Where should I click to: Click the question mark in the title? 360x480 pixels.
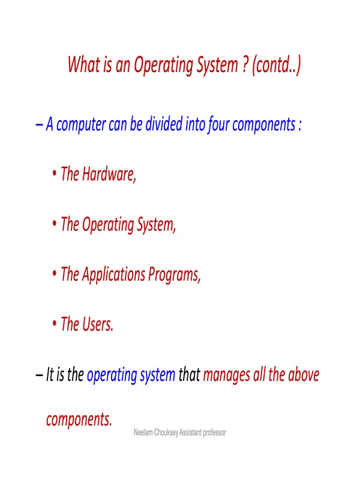(245, 64)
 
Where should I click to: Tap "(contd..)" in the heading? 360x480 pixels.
(277, 65)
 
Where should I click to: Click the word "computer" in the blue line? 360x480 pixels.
(81, 125)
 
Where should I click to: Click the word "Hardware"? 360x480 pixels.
(109, 174)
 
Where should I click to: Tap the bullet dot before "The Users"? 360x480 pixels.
(55, 323)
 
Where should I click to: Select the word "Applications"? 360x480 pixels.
(113, 274)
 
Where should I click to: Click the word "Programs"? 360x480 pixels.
(174, 275)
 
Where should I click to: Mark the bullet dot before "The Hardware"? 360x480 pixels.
(55, 173)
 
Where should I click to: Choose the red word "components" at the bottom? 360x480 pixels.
(79, 419)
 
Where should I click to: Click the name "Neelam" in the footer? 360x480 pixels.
(143, 433)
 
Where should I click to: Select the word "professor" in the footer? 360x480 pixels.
(215, 433)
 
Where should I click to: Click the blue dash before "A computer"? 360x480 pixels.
(39, 125)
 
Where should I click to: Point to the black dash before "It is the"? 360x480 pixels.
(39, 375)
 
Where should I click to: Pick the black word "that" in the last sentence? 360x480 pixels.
(189, 374)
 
